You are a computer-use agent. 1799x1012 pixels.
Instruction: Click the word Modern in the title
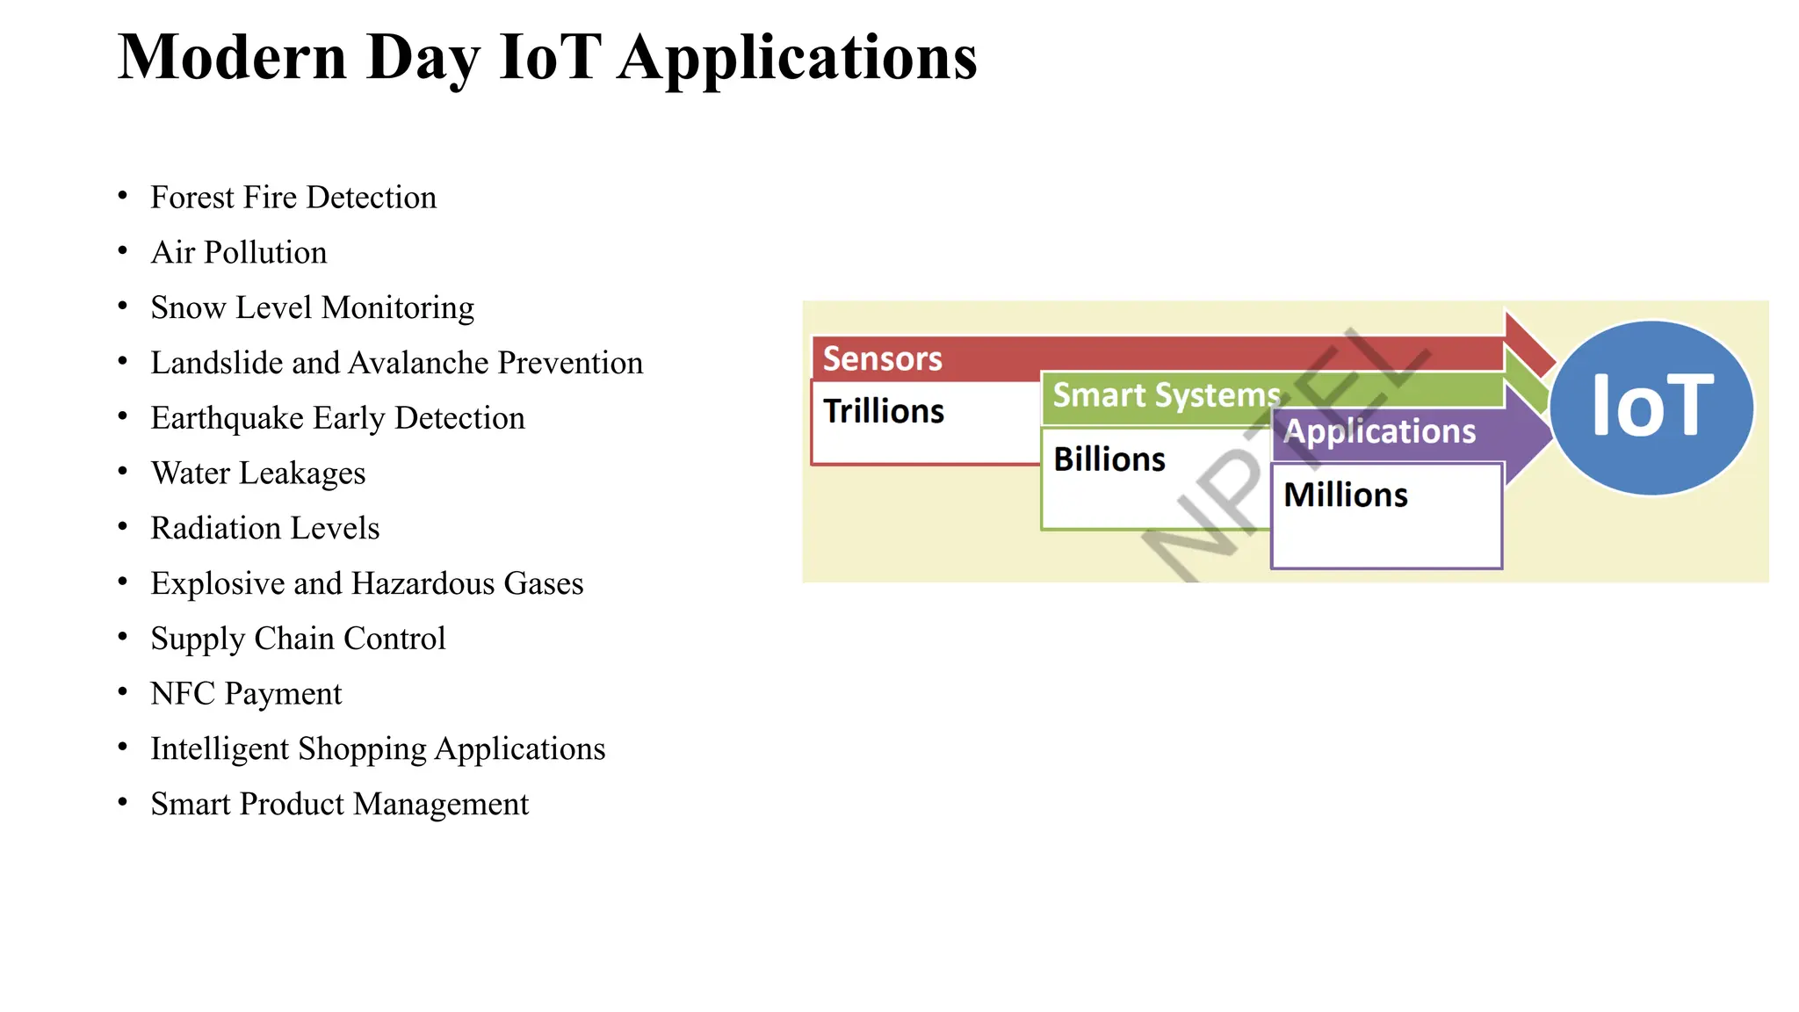[232, 58]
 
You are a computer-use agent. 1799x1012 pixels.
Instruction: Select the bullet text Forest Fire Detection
[293, 198]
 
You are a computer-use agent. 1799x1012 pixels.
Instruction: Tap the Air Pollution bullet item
[239, 253]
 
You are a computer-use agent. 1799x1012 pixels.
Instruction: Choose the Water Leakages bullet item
[258, 473]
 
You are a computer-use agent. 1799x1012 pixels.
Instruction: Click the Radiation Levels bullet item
[265, 529]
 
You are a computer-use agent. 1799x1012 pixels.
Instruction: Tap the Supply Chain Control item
[298, 639]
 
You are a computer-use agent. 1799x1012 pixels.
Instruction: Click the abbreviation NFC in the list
[183, 694]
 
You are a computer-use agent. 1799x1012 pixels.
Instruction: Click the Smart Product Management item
[339, 805]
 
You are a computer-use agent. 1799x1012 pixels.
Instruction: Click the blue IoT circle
[1651, 407]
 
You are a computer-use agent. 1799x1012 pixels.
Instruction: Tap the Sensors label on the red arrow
[882, 359]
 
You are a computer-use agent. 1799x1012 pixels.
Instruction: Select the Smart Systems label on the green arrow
[1166, 395]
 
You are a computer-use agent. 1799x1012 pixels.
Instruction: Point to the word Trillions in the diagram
[884, 411]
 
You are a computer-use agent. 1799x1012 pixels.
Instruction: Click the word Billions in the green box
[1109, 459]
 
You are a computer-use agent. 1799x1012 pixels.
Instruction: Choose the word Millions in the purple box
[1346, 495]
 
